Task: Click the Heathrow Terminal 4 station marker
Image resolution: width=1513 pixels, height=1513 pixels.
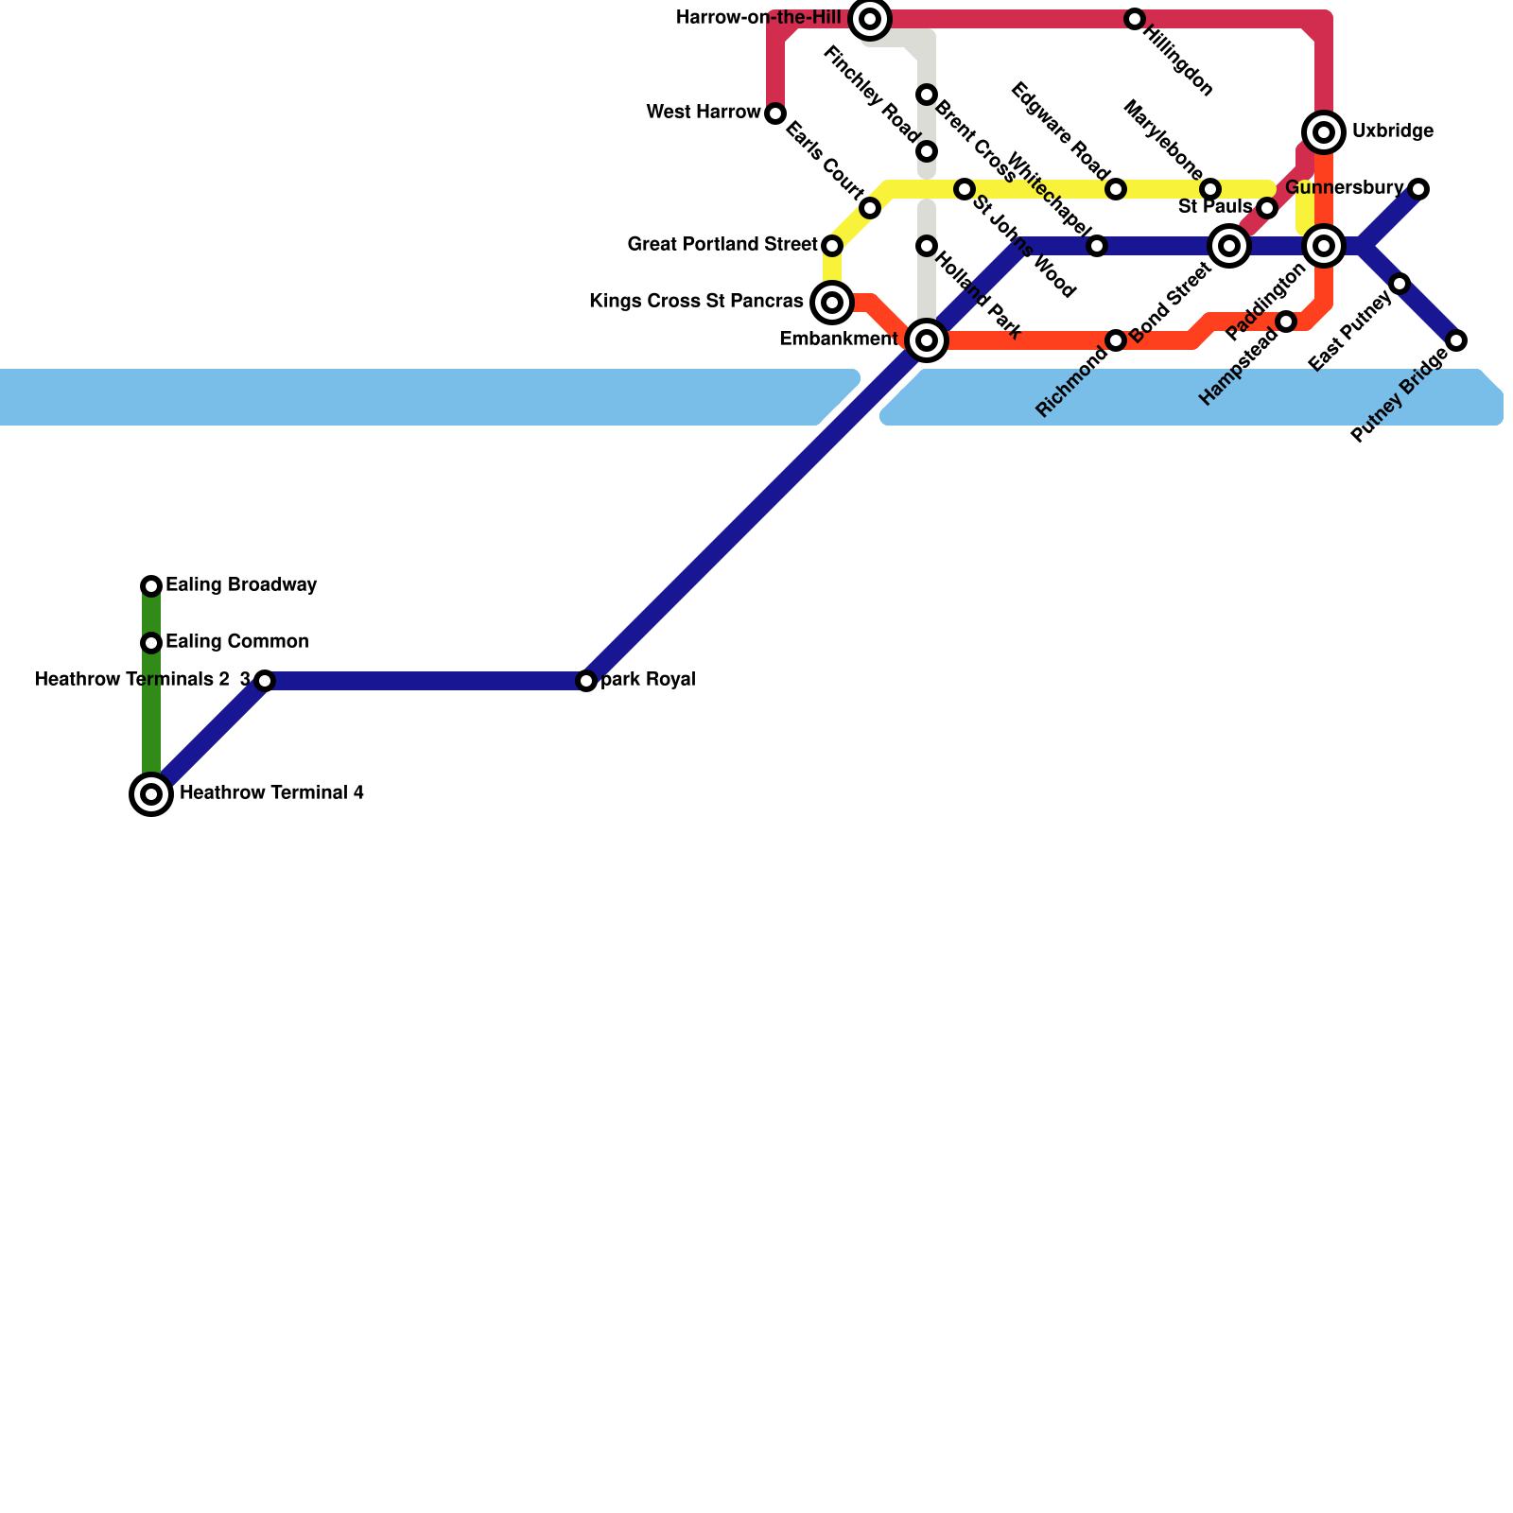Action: (151, 794)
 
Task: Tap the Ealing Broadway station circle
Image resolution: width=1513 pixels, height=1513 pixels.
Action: (151, 586)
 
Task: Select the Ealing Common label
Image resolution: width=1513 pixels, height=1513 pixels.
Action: (236, 642)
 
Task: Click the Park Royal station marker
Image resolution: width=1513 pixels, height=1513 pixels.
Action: (586, 681)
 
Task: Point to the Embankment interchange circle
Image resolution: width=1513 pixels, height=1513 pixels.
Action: (927, 340)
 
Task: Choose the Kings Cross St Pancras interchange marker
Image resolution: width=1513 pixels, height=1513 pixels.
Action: (832, 303)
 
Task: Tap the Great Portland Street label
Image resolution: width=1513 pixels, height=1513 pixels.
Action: (722, 245)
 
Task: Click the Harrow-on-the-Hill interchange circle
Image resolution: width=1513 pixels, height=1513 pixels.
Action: (870, 19)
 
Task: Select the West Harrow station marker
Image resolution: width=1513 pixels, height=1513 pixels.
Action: (775, 113)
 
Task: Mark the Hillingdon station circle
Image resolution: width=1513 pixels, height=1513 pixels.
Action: (1135, 19)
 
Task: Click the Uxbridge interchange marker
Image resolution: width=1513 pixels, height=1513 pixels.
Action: (1324, 132)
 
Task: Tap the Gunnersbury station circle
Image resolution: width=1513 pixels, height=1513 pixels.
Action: (1418, 189)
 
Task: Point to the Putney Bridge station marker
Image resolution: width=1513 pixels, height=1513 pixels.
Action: (1456, 340)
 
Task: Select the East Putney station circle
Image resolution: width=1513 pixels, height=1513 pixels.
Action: (1400, 284)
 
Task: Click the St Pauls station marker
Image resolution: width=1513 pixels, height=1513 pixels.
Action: (1267, 208)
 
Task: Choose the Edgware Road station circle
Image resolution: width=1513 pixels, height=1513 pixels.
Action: (1116, 189)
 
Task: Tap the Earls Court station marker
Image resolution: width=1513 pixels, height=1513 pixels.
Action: (870, 208)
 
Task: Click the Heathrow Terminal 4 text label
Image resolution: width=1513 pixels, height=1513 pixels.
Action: (271, 793)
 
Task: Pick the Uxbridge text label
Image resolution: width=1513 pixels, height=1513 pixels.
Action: (1392, 131)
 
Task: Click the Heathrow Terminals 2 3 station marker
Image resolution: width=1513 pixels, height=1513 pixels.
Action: (265, 681)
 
